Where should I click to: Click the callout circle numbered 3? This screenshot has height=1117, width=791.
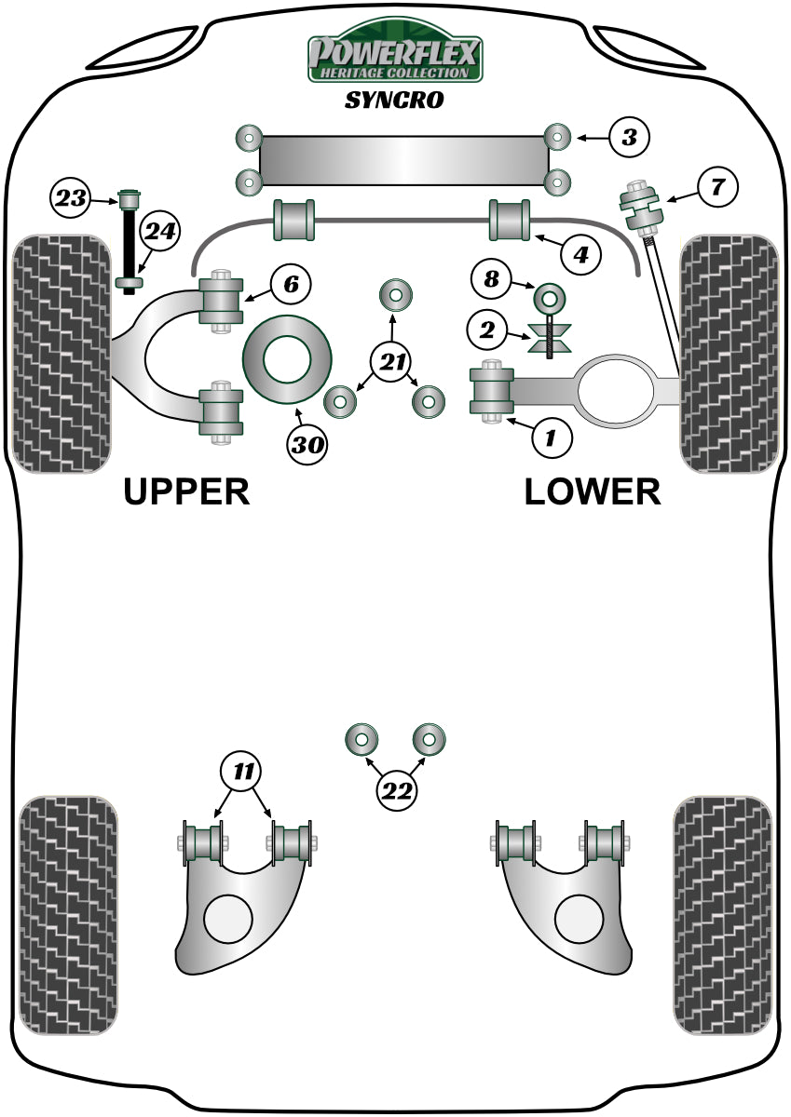pos(630,139)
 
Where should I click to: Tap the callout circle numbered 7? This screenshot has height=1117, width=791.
pos(716,187)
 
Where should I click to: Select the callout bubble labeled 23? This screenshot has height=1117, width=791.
pos(71,196)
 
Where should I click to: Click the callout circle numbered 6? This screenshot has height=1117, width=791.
pos(291,284)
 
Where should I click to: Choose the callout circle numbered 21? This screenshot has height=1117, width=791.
pos(394,359)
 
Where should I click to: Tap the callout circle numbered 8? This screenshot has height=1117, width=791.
pos(491,277)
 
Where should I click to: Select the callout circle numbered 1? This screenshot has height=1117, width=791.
pos(551,437)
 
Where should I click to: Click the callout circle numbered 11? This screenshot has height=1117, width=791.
pos(242,771)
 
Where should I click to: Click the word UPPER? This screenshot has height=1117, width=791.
pos(186,491)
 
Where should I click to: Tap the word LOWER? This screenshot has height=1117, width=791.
pos(593,491)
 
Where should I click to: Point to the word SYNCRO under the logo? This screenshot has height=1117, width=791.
pos(394,101)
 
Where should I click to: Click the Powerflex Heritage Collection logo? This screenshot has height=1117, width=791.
pos(396,55)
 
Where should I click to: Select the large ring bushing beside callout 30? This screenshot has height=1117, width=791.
pos(287,360)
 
